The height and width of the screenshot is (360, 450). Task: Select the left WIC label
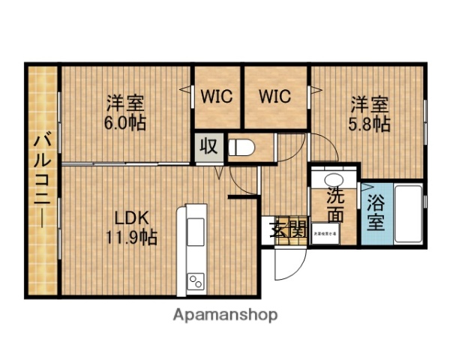point(217,97)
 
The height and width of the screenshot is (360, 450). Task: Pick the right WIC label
point(275,97)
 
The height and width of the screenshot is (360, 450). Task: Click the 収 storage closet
point(209,146)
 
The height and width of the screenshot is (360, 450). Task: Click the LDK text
point(132,218)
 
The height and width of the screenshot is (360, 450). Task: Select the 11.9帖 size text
point(132,238)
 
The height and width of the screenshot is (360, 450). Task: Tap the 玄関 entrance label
point(289,230)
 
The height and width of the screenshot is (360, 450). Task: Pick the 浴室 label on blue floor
point(375,212)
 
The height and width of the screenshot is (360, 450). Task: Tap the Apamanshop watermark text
point(224,315)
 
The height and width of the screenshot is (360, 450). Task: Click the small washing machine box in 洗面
point(325,233)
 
